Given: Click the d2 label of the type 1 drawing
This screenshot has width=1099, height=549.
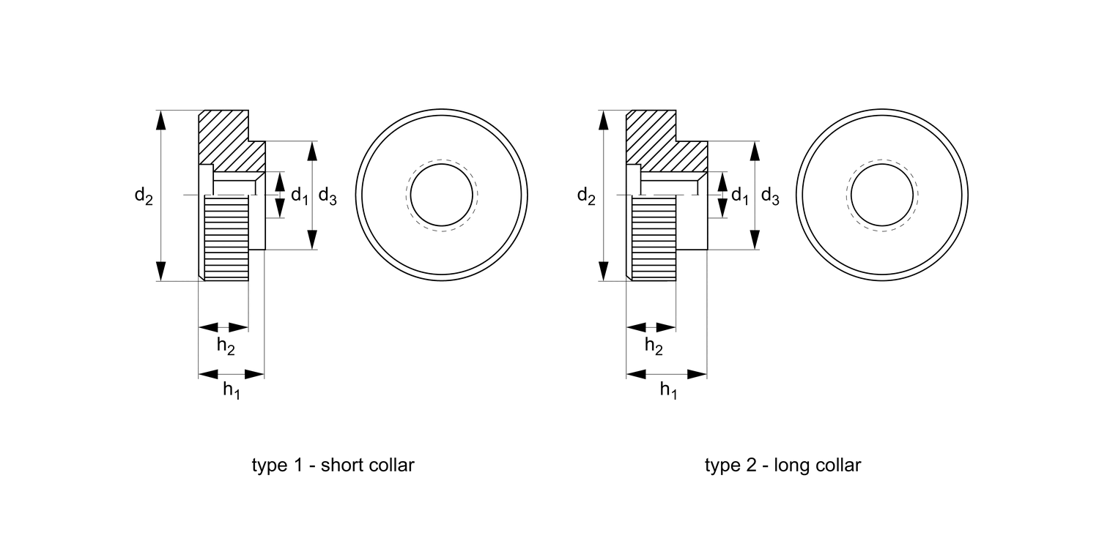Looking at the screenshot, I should click(144, 196).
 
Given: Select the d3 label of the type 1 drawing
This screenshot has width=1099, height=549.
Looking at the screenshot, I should click(328, 195).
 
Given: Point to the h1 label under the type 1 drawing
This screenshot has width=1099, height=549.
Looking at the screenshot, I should click(232, 391).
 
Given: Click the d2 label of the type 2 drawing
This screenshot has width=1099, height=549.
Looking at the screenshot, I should click(586, 196).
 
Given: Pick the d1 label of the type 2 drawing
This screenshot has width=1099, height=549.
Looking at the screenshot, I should click(741, 195).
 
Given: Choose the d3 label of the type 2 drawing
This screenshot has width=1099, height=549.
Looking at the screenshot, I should click(770, 195).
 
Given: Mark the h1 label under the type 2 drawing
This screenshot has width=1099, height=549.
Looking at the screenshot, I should click(668, 391).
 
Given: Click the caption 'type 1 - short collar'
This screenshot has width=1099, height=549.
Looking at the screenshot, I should click(333, 466).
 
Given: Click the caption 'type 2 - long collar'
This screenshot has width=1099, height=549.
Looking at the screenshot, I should click(782, 466).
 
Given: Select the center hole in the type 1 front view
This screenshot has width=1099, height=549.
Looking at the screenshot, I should click(442, 195).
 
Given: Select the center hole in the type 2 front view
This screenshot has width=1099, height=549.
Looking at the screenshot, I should click(881, 195).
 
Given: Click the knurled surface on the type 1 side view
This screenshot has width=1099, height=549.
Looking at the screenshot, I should click(226, 238).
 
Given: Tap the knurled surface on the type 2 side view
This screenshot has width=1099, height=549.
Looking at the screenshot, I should click(653, 238).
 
